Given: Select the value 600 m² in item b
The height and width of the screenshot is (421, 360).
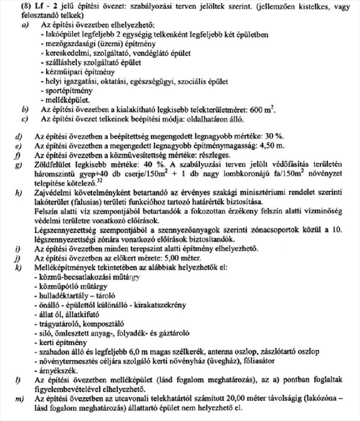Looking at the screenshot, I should click(263, 110).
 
